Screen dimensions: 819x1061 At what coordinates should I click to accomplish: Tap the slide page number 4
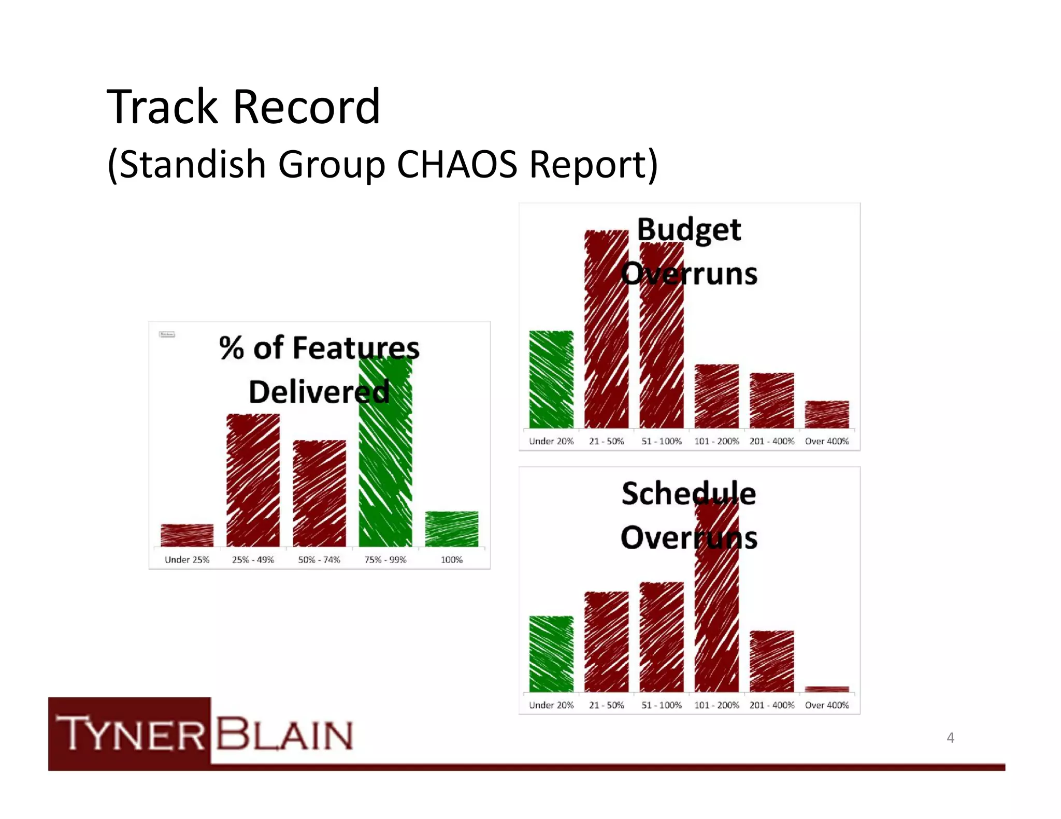coord(950,737)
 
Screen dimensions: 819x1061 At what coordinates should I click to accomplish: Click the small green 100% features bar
coord(451,529)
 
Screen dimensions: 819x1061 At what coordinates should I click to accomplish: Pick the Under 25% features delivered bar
coord(187,535)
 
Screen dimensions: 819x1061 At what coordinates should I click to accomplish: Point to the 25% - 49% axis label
coord(253,560)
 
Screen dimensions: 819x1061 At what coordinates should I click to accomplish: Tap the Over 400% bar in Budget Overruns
coord(827,414)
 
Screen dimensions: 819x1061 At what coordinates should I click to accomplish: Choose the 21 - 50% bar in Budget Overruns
coord(606,331)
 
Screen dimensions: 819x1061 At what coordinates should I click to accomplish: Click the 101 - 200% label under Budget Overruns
coord(716,441)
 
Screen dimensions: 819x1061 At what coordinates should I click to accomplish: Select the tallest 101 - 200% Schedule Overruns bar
coord(716,601)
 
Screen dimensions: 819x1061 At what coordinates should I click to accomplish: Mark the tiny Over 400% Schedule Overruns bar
coord(827,689)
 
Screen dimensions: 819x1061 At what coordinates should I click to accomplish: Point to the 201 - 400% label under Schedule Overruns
coord(771,705)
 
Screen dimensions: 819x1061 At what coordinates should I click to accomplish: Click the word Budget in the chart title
coord(689,230)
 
